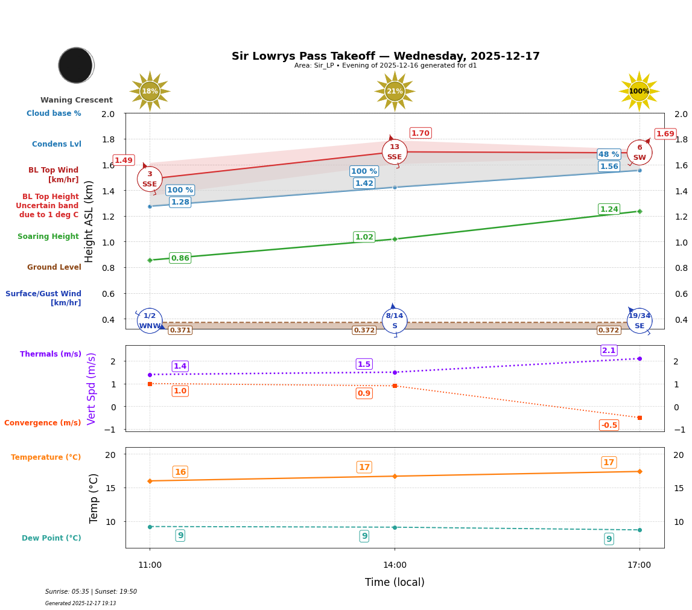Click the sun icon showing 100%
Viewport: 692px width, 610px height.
click(639, 91)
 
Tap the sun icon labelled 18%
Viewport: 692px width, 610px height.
click(150, 91)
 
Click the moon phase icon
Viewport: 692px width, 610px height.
click(76, 65)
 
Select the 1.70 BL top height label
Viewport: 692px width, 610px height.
click(420, 133)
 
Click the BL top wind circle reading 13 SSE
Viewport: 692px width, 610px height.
click(395, 152)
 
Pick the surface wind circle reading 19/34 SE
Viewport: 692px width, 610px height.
click(640, 321)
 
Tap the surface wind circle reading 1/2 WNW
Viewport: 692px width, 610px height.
click(150, 321)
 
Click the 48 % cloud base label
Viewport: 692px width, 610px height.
click(609, 154)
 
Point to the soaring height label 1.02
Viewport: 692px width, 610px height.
click(364, 237)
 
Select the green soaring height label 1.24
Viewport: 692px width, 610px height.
click(609, 209)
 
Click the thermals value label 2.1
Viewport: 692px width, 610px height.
click(609, 351)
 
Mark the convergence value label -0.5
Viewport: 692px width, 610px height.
click(609, 425)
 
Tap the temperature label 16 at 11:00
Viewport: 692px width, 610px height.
click(180, 472)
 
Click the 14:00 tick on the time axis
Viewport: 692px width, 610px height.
click(395, 565)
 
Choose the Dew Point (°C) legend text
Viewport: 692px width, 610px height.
click(51, 538)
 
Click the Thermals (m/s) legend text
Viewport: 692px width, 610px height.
click(51, 354)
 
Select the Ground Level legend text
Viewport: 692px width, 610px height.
click(54, 267)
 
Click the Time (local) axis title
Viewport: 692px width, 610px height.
click(395, 582)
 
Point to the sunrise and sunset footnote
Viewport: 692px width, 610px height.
click(91, 592)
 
